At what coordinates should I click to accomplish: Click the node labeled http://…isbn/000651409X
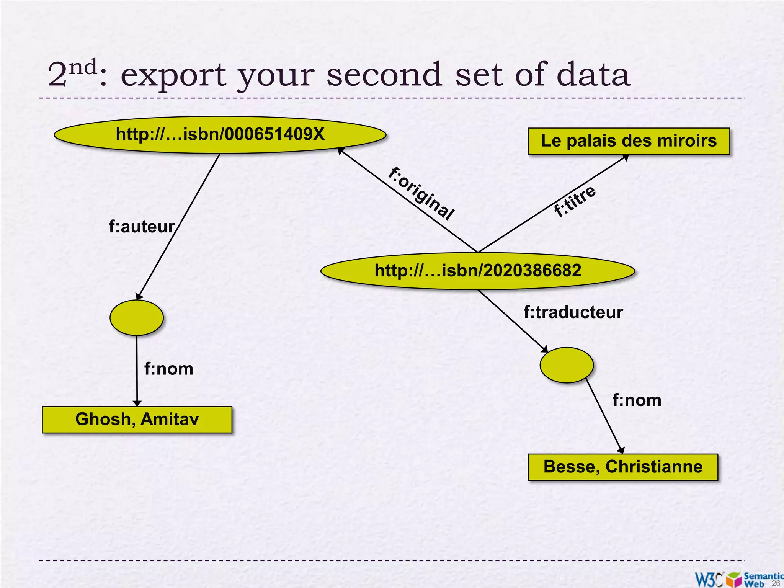click(220, 135)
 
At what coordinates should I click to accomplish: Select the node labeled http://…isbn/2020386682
click(478, 271)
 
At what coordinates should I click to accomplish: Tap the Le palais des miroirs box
click(629, 141)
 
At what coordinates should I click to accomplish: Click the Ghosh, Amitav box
click(137, 420)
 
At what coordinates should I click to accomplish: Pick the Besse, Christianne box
click(623, 467)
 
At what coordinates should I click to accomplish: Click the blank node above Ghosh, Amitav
click(137, 318)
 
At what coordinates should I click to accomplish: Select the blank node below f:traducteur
click(567, 365)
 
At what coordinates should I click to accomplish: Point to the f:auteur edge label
click(142, 227)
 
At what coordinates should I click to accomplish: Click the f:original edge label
click(421, 194)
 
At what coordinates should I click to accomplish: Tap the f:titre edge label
click(575, 201)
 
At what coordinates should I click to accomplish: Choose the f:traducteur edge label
click(573, 312)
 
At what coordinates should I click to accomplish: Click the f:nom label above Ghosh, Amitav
click(168, 369)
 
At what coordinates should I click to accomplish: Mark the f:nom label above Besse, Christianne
click(637, 400)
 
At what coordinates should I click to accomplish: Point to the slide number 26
click(776, 583)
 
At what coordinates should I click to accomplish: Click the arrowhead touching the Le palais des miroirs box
click(625, 157)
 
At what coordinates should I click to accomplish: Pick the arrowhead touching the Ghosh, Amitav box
click(137, 403)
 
